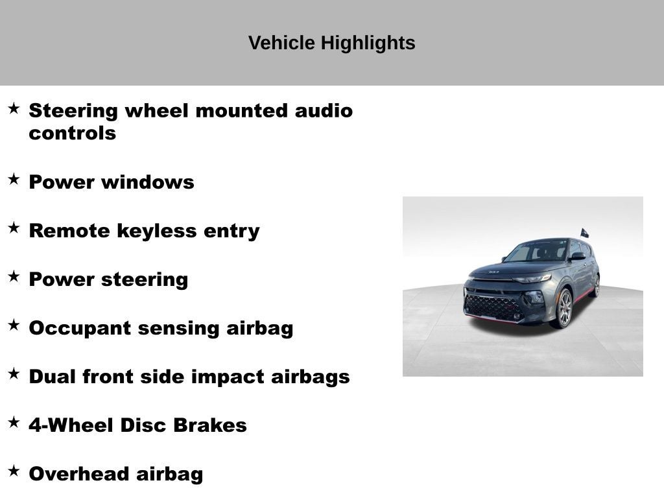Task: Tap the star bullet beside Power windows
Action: point(14,180)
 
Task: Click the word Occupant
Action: point(75,328)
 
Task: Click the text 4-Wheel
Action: point(71,425)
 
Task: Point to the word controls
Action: point(72,134)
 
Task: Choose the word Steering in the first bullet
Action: point(73,111)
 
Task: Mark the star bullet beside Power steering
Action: point(14,277)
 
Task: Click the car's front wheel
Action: point(563,308)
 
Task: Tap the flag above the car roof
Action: point(584,233)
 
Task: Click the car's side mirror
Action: point(576,256)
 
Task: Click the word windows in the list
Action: point(148,182)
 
